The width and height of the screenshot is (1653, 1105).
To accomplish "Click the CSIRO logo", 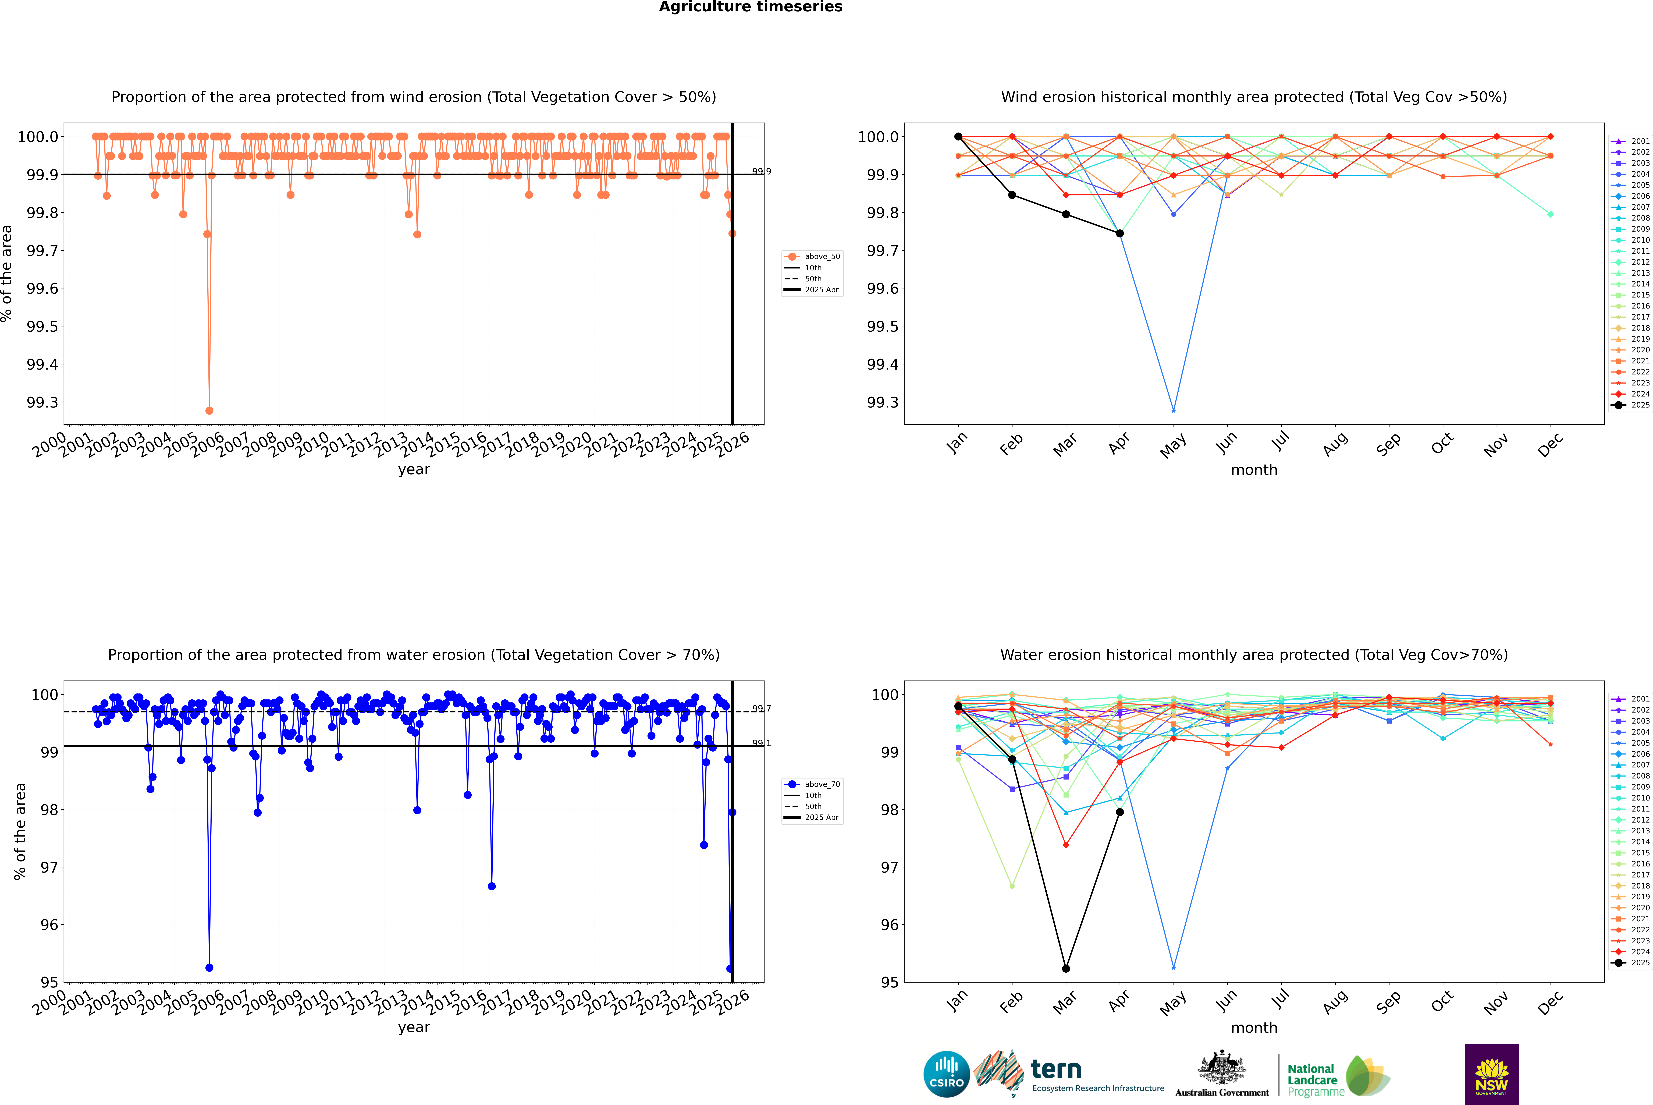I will point(946,1074).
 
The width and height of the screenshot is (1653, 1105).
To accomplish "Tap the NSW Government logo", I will point(1492,1074).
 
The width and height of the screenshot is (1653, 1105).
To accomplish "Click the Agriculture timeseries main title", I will point(750,7).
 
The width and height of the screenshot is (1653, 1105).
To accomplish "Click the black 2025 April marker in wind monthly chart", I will point(1120,233).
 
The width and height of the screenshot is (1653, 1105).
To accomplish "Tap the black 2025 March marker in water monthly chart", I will point(1065,968).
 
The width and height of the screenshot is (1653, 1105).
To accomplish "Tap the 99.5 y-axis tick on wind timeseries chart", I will point(42,326).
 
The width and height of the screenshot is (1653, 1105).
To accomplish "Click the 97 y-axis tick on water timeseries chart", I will point(49,867).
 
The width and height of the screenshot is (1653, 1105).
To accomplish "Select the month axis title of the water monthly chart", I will point(1253,1028).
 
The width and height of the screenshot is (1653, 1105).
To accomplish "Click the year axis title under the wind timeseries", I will point(414,469).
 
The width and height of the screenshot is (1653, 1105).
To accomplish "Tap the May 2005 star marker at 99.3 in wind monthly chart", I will point(1173,410).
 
